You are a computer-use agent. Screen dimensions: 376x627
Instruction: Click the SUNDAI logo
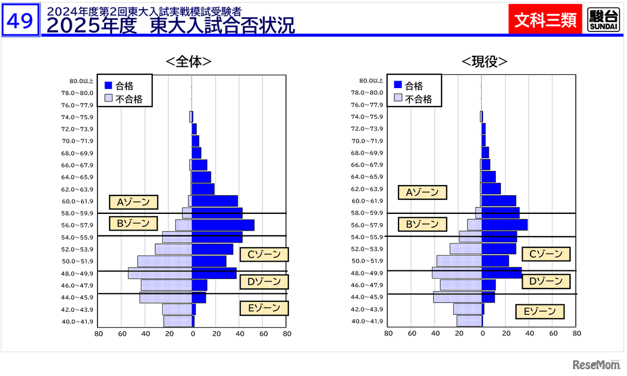tap(603, 21)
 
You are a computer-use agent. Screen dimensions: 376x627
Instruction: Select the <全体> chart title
tap(189, 61)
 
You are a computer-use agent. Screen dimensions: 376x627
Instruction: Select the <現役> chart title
tap(484, 61)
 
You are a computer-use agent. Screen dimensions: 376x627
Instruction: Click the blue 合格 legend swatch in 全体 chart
tap(109, 86)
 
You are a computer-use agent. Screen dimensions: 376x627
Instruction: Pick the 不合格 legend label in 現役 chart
tap(418, 99)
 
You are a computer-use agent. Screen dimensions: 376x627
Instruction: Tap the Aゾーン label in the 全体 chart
tap(133, 202)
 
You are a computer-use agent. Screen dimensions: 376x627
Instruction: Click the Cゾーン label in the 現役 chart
tap(546, 254)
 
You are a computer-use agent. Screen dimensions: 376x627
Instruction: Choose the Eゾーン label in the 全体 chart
tap(264, 308)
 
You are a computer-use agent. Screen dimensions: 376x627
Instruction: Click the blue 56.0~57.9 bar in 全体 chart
tap(223, 225)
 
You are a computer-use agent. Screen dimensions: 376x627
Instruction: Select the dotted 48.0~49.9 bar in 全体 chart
tap(160, 273)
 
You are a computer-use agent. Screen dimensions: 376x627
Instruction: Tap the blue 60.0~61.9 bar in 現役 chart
tap(499, 201)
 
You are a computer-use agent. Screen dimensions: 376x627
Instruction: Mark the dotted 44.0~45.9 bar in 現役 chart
tap(458, 297)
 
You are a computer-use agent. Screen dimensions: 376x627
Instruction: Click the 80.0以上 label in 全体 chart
tap(81, 81)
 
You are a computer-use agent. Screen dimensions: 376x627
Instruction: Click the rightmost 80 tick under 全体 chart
tap(287, 334)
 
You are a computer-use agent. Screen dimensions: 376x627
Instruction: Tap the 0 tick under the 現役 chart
tap(482, 334)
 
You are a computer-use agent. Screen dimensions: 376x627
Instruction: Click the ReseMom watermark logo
tap(593, 365)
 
